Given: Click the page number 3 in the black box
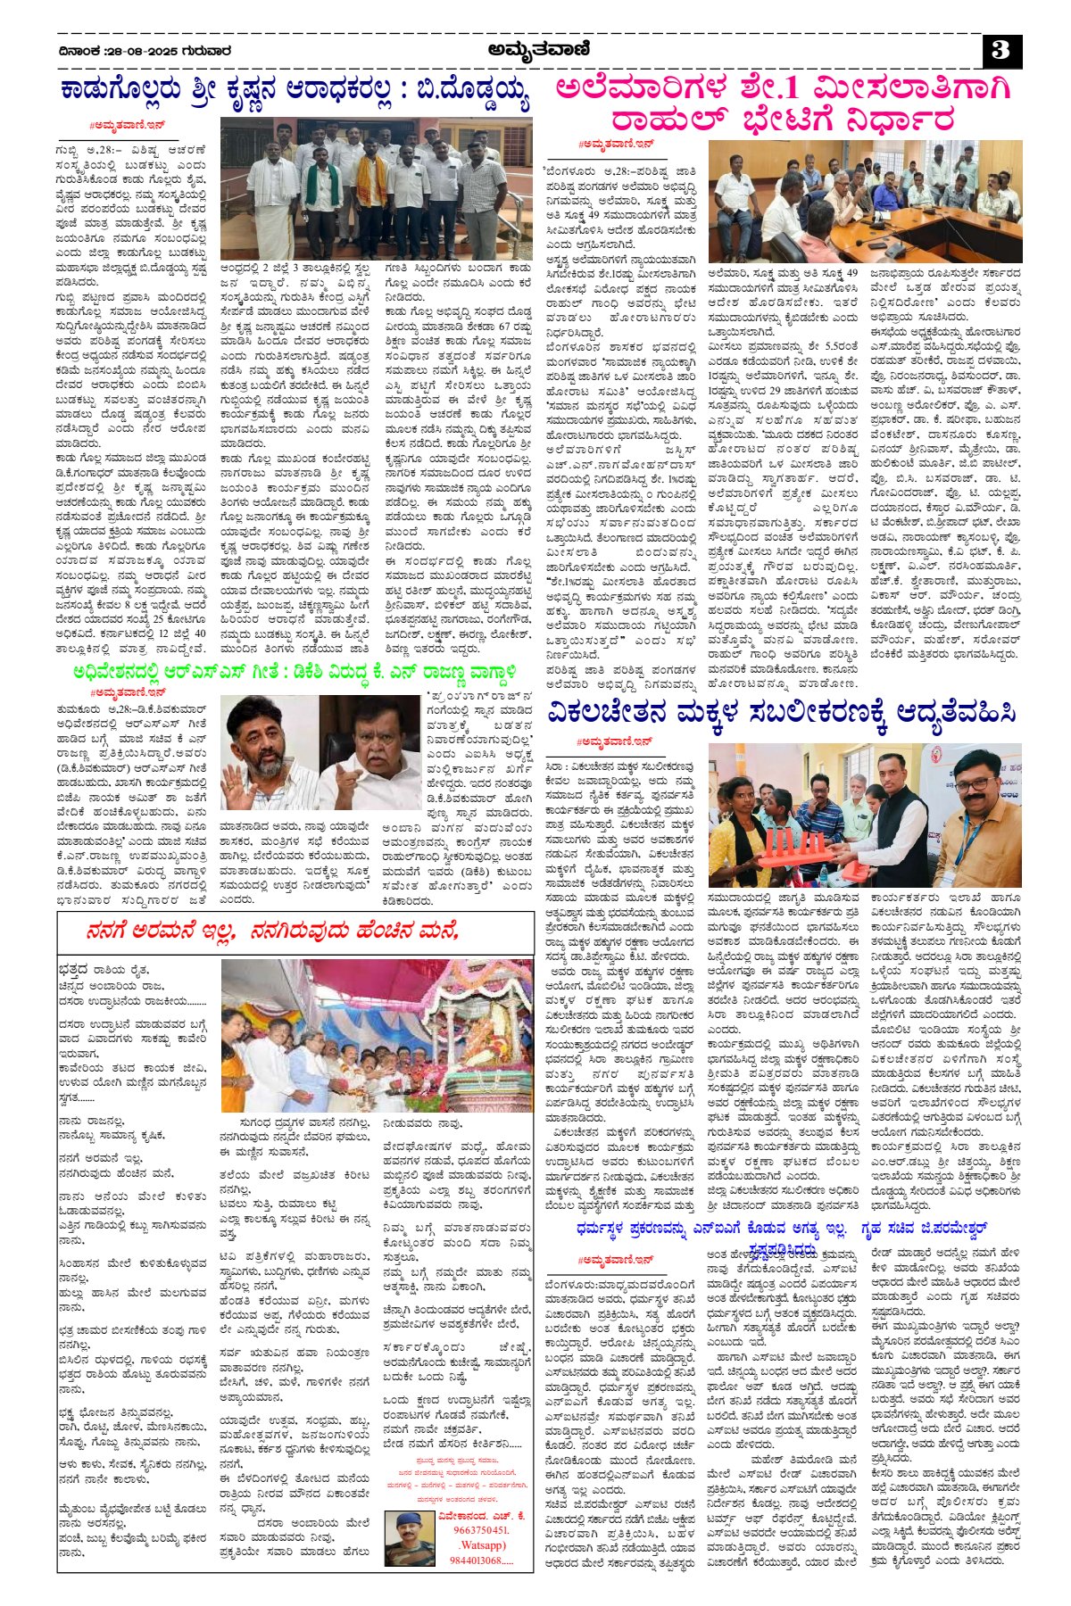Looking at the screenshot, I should pyautogui.click(x=1000, y=51).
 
